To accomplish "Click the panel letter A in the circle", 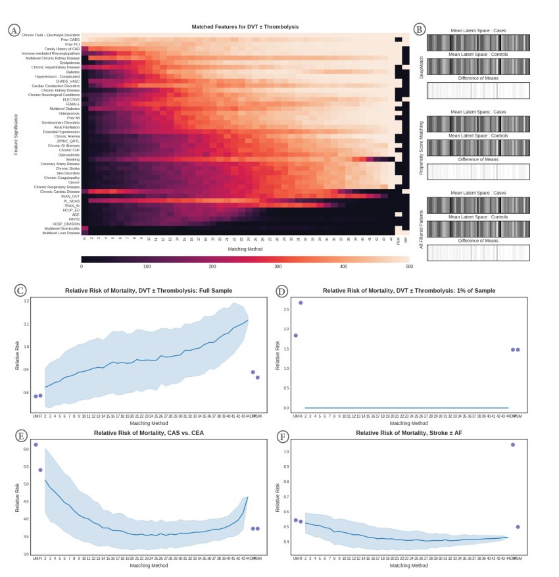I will (13, 30).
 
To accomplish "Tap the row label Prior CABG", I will (70, 39).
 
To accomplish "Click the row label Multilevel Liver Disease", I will (61, 233).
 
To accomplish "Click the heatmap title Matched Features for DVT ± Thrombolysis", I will (245, 27).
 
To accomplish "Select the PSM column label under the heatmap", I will (399, 241).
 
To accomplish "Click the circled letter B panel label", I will (420, 30).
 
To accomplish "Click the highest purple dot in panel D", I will (301, 303).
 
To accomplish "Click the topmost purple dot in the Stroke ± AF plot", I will (513, 445).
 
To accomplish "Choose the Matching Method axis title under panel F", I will (409, 565).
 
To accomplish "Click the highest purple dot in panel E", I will (36, 445).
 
